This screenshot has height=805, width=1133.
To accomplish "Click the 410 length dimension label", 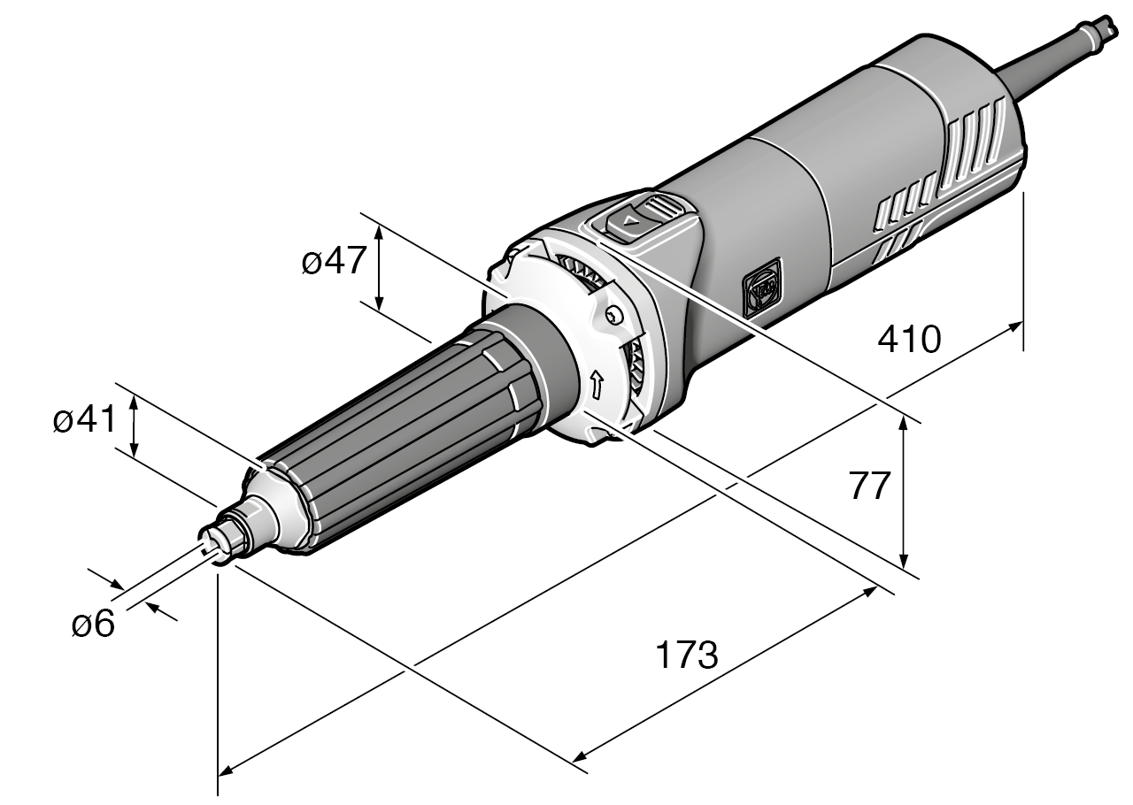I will [909, 339].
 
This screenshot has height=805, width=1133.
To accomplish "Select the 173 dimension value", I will [686, 656].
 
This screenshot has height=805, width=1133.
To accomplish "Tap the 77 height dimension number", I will [868, 487].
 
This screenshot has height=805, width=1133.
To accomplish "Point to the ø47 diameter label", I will [333, 262].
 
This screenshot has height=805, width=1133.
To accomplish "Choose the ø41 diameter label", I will [84, 421].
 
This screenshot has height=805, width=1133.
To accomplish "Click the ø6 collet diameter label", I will [93, 625].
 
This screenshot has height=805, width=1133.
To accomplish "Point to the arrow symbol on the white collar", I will [596, 383].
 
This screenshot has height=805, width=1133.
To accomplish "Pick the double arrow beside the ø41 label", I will [134, 426].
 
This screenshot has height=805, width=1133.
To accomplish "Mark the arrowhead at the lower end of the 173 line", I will [581, 756].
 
